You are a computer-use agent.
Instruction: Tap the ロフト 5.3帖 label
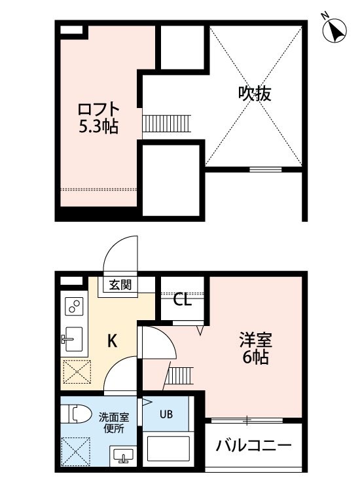coord(98,118)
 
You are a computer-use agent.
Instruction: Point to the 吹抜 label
coord(255,93)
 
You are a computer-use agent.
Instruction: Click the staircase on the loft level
coord(166,124)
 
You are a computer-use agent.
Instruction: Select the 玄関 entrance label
coord(120,285)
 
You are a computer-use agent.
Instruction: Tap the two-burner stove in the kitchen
coord(74,306)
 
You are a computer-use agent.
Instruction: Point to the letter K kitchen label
coord(113,340)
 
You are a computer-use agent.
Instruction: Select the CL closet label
coord(182,300)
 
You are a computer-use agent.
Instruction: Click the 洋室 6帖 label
coord(256,348)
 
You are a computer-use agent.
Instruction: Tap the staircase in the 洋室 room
coord(179,375)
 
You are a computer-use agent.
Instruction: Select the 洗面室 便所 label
coord(114,423)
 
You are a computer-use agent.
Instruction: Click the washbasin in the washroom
coord(123,456)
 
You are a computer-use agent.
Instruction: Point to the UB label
coord(166,414)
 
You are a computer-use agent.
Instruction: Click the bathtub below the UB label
coord(168,448)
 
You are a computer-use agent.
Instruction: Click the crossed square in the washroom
coord(76,452)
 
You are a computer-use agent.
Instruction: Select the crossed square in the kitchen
coord(77,372)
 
